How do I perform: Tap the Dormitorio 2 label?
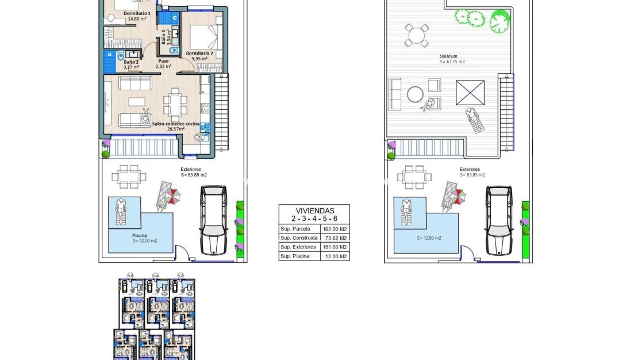pyautogui.click(x=199, y=53)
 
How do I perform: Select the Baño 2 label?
pyautogui.click(x=130, y=62)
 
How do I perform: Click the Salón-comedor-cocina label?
pyautogui.click(x=175, y=124)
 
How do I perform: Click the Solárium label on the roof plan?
pyautogui.click(x=448, y=56)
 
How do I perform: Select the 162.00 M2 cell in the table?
pyautogui.click(x=335, y=229)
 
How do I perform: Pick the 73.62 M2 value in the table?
pyautogui.click(x=335, y=238)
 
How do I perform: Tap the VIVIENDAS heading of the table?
pyautogui.click(x=314, y=210)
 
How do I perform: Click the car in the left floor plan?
pyautogui.click(x=214, y=220)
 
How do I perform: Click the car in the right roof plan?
pyautogui.click(x=499, y=220)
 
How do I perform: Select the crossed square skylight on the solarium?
pyautogui.click(x=470, y=93)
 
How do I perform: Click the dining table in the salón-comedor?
pyautogui.click(x=175, y=105)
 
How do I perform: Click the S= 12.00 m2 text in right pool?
pyautogui.click(x=429, y=238)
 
